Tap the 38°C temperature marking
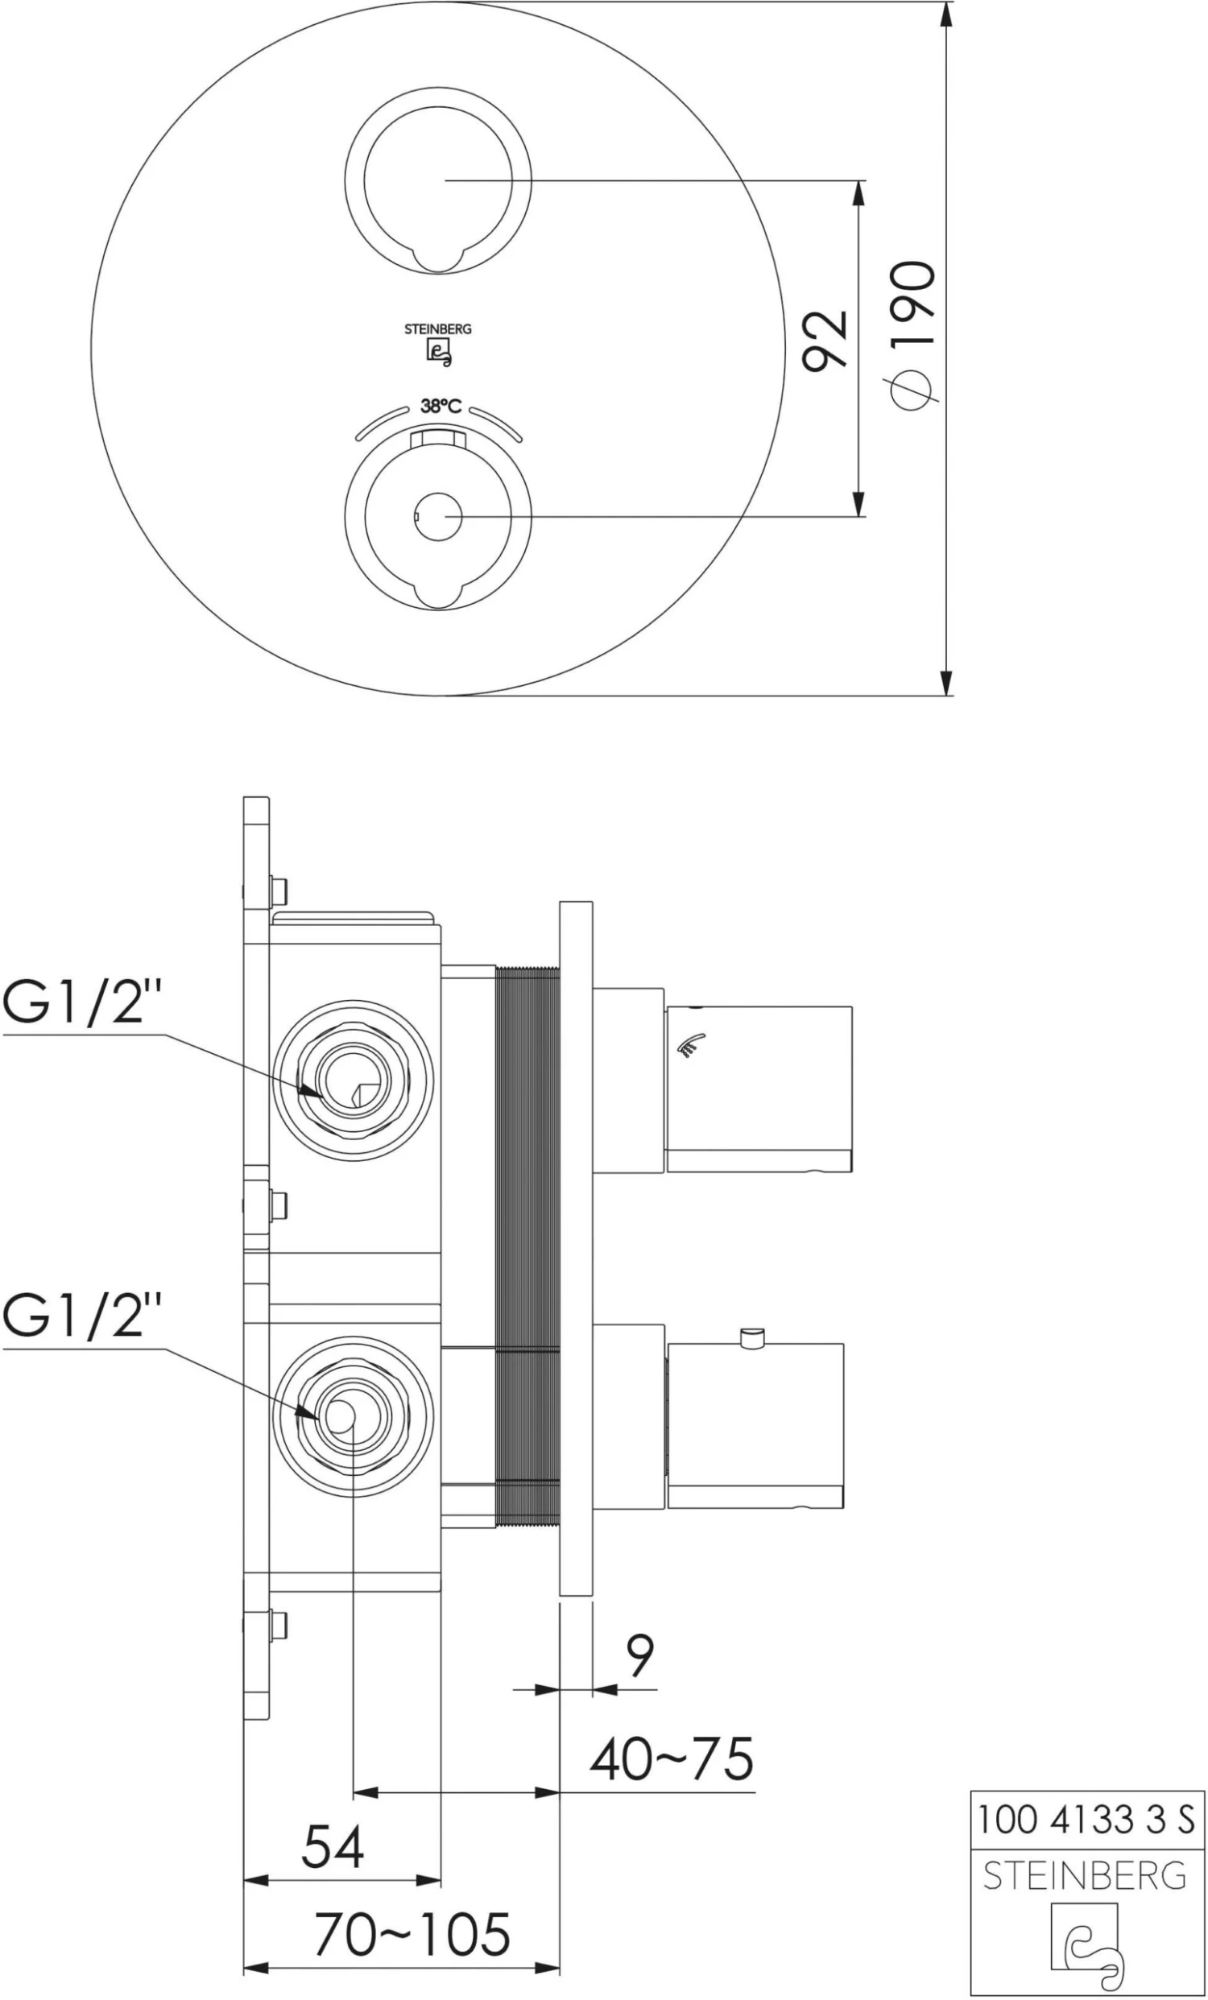point(441,407)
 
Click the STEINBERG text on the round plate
point(438,329)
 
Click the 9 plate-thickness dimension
point(640,1655)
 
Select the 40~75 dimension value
point(672,1759)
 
